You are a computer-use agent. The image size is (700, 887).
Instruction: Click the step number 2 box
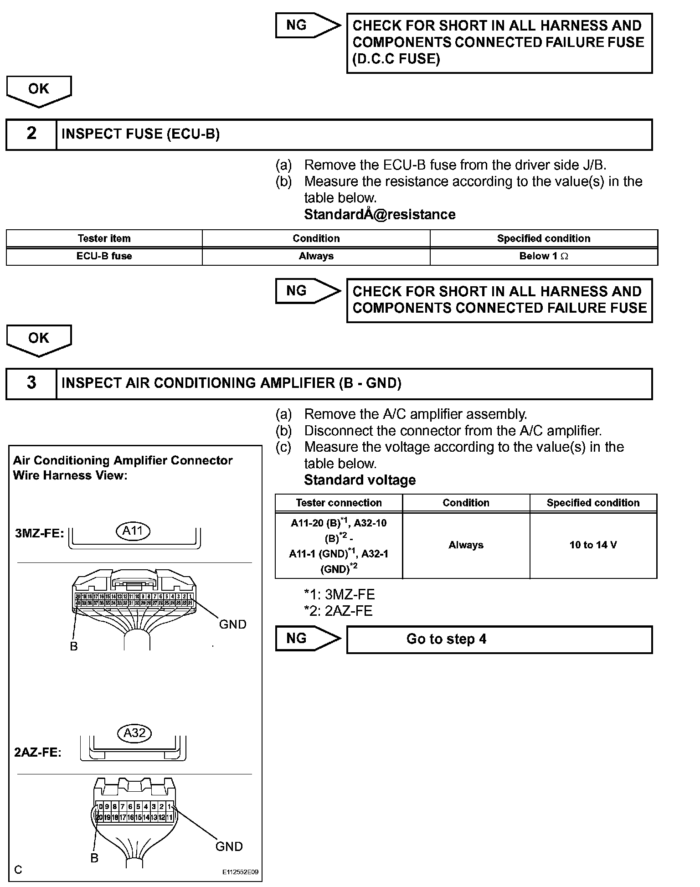[31, 134]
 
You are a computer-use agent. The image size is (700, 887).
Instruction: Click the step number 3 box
[31, 383]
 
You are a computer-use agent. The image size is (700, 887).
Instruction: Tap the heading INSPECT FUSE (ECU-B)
[140, 134]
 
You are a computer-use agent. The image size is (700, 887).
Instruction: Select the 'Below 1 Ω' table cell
[543, 256]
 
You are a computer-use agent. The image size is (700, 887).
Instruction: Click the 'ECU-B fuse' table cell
[104, 256]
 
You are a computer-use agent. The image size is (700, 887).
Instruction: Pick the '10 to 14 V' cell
[593, 545]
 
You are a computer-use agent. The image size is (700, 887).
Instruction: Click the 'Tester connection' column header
[339, 503]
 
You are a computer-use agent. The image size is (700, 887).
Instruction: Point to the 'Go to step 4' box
[499, 639]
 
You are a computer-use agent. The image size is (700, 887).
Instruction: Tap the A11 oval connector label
[133, 531]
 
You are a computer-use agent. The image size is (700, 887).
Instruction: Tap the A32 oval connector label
[134, 733]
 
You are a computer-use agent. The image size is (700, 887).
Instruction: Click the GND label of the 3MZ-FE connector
[232, 624]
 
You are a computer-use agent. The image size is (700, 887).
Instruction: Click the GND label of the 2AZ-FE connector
[229, 846]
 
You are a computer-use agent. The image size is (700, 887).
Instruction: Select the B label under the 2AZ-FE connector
[94, 858]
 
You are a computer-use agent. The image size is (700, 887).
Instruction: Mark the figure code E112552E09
[240, 872]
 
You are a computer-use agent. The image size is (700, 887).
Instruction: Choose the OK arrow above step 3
[39, 340]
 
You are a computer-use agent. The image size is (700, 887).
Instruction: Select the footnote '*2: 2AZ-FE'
[338, 611]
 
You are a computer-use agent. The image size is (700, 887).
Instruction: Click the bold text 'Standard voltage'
[360, 480]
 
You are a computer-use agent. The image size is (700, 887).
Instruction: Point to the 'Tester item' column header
[104, 238]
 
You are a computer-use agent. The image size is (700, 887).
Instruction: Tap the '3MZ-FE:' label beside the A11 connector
[40, 533]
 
